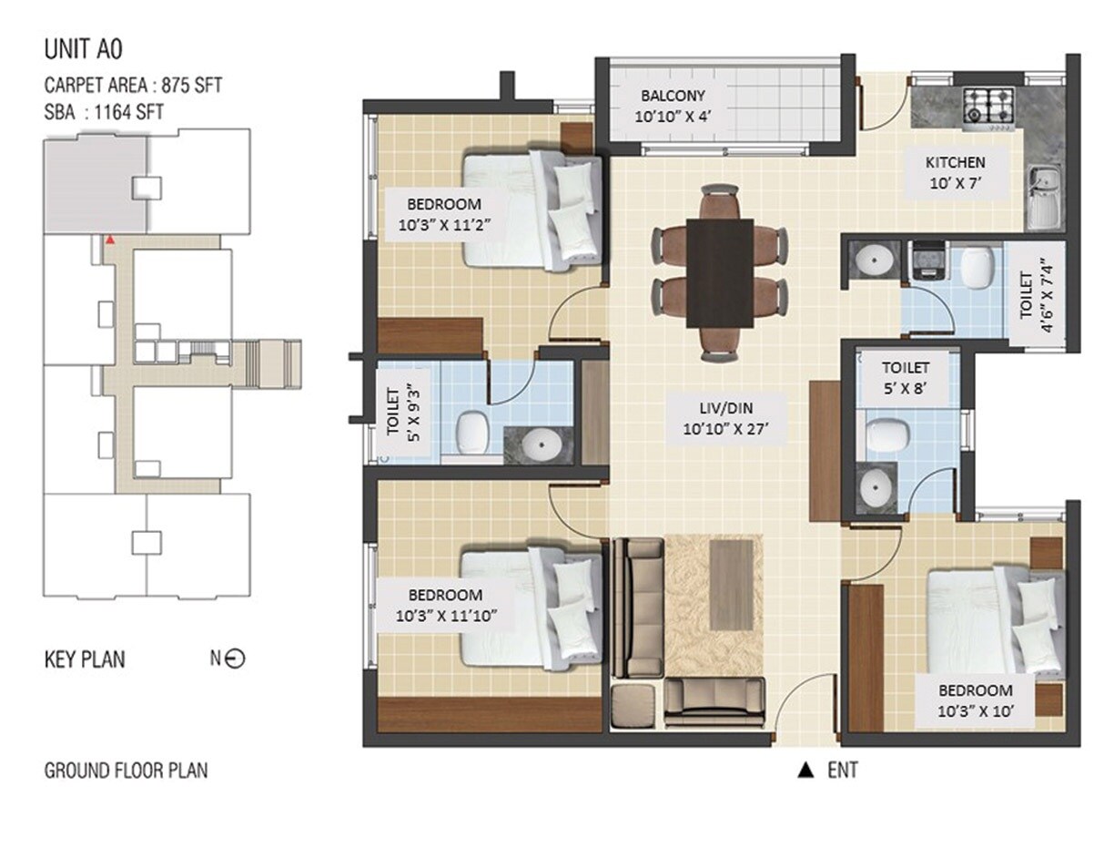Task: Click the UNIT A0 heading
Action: (85, 47)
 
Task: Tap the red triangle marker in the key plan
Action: (109, 240)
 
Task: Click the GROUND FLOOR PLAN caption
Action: (126, 771)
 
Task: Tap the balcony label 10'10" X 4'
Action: (672, 106)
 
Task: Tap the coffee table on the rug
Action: (731, 585)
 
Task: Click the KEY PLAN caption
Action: (85, 659)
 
